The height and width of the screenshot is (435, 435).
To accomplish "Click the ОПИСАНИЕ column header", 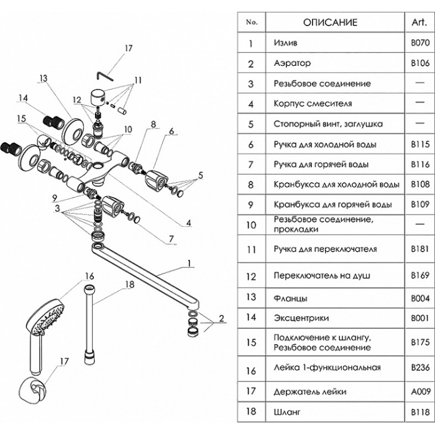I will [330, 22].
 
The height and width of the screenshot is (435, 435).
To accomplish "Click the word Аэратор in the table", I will [292, 63].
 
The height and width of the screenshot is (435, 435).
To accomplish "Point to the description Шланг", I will [285, 411].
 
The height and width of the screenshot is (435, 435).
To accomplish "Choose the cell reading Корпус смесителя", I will [313, 103].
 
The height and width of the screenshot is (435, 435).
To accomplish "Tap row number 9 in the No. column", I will [251, 204].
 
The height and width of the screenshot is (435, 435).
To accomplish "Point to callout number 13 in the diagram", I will [43, 79].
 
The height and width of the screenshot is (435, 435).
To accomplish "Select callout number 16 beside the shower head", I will [89, 275].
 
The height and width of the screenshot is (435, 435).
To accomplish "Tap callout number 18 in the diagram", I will [129, 285].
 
